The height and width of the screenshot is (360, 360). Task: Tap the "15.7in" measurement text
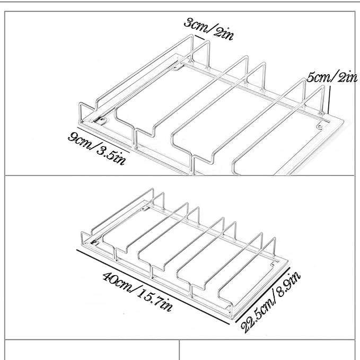tap(155, 300)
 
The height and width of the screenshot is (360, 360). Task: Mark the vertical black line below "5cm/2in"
tap(329, 100)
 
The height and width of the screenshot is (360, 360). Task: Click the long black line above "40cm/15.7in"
tap(153, 287)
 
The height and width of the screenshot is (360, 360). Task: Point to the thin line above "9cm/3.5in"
tap(103, 139)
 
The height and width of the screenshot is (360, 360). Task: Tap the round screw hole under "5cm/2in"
tap(319, 127)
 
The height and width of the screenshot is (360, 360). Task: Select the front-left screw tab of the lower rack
tap(94, 242)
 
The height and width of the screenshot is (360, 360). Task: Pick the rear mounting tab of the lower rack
tap(145, 209)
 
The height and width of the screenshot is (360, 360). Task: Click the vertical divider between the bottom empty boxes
tap(179, 350)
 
